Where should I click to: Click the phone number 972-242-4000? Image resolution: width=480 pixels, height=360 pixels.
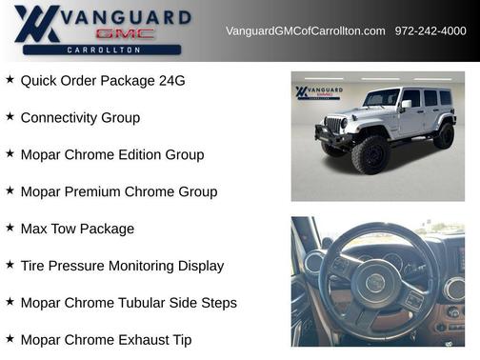point(430,31)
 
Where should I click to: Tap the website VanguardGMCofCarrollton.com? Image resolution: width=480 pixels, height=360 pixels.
point(305,31)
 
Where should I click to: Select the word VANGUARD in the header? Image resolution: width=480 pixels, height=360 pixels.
point(126,16)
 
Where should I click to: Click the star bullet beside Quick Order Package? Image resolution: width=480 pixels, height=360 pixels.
point(10,80)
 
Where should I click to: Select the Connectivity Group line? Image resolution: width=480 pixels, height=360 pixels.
point(80,118)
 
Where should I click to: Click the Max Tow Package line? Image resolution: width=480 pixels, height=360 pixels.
point(77,229)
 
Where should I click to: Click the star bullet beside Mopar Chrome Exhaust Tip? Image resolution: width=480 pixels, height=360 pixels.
point(10,338)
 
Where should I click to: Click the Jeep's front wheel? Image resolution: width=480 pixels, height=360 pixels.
point(370,154)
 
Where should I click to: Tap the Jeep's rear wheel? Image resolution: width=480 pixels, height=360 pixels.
point(444,136)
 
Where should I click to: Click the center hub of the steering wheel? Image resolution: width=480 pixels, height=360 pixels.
point(375,281)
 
